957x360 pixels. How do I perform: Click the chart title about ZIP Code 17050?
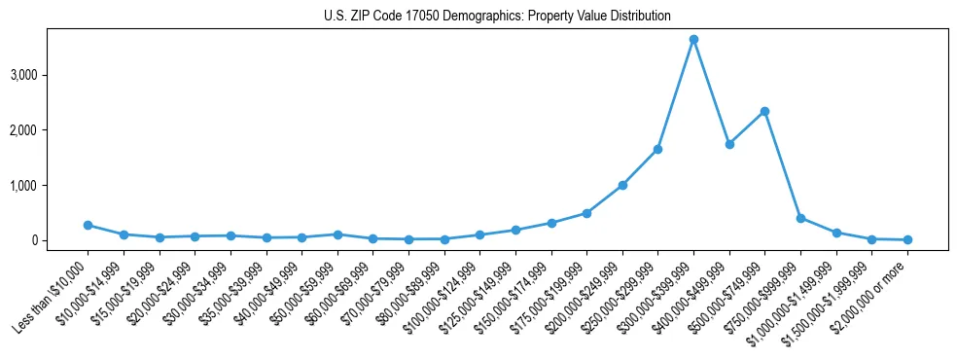pyautogui.click(x=497, y=17)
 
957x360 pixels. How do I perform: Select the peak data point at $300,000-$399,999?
pyautogui.click(x=693, y=40)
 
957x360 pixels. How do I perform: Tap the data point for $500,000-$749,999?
pyautogui.click(x=764, y=111)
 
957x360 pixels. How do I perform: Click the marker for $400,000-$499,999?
pyautogui.click(x=729, y=144)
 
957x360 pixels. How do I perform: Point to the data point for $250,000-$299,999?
pyautogui.click(x=657, y=149)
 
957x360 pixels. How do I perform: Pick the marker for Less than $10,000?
pyautogui.click(x=88, y=225)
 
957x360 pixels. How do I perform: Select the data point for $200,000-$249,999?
pyautogui.click(x=622, y=185)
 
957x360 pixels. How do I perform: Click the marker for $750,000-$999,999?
pyautogui.click(x=800, y=218)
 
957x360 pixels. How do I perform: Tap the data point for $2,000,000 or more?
pyautogui.click(x=907, y=239)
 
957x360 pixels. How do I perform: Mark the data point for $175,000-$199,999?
pyautogui.click(x=586, y=213)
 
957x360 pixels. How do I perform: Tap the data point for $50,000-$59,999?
pyautogui.click(x=337, y=234)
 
